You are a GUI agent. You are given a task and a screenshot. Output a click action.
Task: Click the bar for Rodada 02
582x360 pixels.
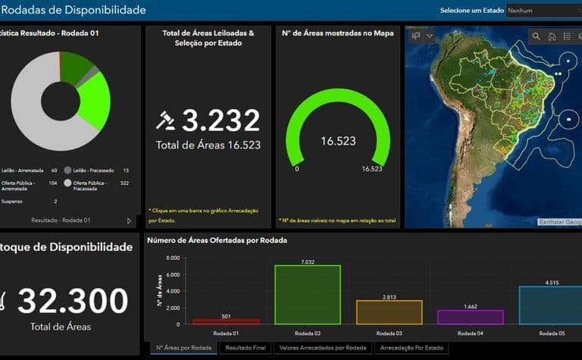tap(308, 295)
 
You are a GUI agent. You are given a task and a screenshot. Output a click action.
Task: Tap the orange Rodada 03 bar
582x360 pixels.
tap(389, 312)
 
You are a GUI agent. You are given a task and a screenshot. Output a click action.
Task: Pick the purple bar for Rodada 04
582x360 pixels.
tap(470, 317)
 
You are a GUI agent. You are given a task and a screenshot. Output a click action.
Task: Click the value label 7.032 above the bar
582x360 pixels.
tap(308, 261)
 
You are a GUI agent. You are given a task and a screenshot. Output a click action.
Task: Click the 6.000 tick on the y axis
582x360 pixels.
tap(171, 274)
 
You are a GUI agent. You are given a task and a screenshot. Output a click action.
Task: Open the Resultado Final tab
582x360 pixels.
tap(246, 348)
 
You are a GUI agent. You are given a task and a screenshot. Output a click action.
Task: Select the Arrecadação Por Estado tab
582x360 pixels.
tap(411, 348)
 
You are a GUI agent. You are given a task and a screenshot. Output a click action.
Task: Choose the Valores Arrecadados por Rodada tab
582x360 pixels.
tap(323, 348)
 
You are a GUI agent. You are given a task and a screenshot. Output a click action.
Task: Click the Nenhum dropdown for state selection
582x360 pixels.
tap(542, 11)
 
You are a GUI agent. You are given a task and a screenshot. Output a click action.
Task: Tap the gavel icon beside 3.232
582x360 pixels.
tap(165, 121)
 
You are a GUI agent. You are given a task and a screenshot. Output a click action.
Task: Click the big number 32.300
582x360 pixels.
tap(73, 302)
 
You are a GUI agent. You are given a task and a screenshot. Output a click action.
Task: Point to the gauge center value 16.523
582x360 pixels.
tap(338, 141)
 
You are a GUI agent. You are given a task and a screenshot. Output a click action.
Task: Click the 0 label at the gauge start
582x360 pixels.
tap(296, 169)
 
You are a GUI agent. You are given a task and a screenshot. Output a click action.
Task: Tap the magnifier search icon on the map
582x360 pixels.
tap(537, 36)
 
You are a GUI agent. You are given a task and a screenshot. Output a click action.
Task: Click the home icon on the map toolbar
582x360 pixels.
tap(552, 36)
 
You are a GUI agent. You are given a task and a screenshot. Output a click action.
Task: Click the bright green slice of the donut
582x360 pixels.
tap(95, 99)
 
